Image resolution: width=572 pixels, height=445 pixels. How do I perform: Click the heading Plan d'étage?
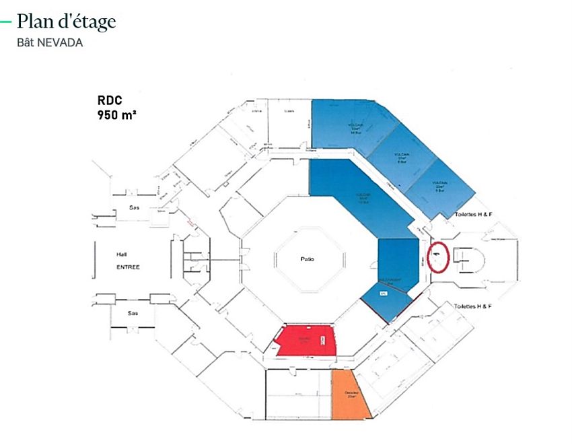coord(66,22)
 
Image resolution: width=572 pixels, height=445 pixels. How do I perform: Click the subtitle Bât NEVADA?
coord(50,42)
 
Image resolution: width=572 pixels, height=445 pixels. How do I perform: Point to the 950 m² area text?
coord(118,114)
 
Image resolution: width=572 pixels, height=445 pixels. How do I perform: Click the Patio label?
coord(308,259)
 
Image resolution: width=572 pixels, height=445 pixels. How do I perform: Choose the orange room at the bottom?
coord(351,394)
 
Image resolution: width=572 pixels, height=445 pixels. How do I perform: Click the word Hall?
coord(122,254)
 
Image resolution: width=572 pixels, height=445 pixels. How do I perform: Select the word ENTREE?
coord(128,267)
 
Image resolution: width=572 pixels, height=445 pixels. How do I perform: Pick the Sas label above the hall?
coord(134,208)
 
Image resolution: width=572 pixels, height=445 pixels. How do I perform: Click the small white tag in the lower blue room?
coord(384,294)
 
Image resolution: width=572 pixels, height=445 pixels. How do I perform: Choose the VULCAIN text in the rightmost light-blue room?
coord(441,184)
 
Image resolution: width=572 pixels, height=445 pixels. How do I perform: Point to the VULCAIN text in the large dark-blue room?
coord(363,196)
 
